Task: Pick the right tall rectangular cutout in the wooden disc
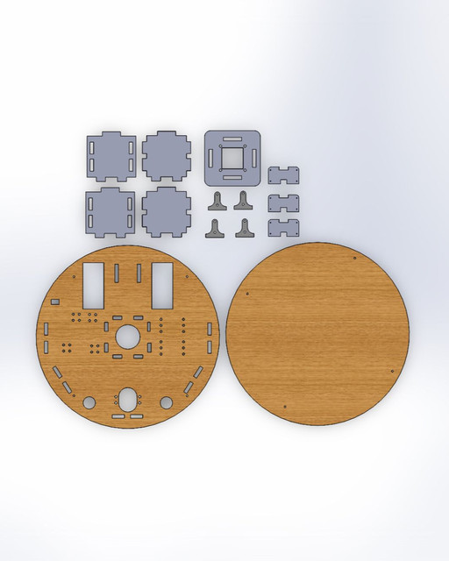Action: coord(161,284)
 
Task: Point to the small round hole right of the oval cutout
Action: coord(166,402)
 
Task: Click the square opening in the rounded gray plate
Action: coord(233,157)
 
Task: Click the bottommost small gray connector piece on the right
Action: coord(283,230)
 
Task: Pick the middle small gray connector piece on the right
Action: coord(283,202)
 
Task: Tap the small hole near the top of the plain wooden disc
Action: coord(353,259)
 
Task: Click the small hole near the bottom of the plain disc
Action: coord(289,406)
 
